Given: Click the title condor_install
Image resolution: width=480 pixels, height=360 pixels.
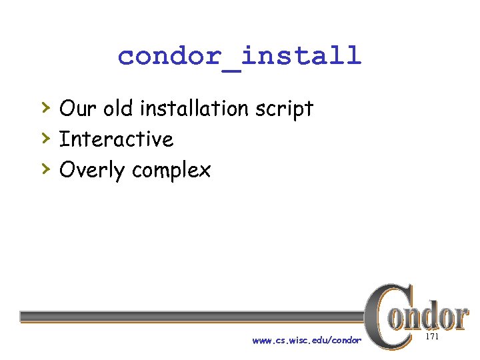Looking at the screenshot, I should click(239, 55).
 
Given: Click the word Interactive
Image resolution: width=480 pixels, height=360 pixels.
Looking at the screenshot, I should click(116, 139).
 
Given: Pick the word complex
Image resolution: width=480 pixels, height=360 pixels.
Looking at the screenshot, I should click(171, 171).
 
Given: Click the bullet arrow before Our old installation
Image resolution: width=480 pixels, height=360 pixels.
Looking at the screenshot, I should click(45, 106).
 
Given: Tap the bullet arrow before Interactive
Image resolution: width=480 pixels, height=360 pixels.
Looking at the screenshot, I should click(45, 137).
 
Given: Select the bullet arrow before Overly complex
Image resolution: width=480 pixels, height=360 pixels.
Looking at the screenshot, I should click(45, 169).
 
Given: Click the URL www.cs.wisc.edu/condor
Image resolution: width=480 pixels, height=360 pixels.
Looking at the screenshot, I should click(307, 341).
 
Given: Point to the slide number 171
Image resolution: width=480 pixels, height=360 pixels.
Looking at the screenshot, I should click(431, 338).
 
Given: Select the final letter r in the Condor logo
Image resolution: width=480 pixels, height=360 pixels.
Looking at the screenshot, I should click(459, 317).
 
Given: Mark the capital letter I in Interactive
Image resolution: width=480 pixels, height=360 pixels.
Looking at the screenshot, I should click(63, 139).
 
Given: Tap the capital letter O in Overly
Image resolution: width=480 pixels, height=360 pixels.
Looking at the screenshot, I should click(68, 171).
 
